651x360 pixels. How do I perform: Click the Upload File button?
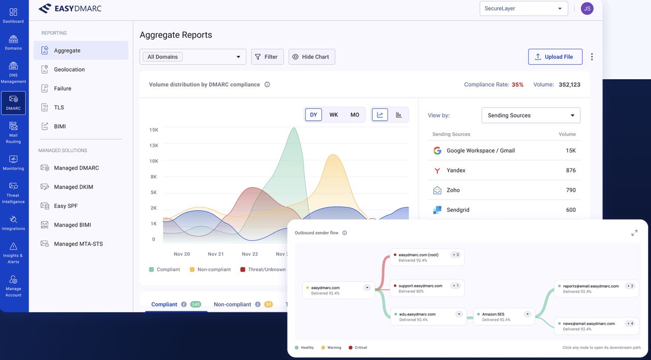click(x=555, y=56)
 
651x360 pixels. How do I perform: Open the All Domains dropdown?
click(x=193, y=56)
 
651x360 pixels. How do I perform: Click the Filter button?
click(x=267, y=56)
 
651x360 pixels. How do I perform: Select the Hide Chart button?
click(x=312, y=56)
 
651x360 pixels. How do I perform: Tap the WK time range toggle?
click(x=334, y=115)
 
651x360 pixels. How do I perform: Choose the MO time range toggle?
click(x=354, y=115)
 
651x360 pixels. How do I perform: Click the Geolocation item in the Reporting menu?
click(x=69, y=70)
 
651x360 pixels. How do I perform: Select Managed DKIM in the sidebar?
click(x=73, y=187)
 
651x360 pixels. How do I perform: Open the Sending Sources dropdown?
click(x=530, y=115)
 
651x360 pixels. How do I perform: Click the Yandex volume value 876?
click(x=571, y=170)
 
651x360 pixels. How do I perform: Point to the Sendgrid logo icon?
click(x=437, y=210)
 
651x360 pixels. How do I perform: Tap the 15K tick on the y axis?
click(x=154, y=130)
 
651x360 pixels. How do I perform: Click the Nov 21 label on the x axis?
click(x=216, y=254)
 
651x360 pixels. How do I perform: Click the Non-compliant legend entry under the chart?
click(x=210, y=269)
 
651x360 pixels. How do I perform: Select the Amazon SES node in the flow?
click(x=504, y=317)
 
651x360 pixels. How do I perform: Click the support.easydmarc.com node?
click(x=427, y=288)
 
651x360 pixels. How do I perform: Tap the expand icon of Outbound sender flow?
click(x=634, y=233)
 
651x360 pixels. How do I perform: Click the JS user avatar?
click(x=587, y=9)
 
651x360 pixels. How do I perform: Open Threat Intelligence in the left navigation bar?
click(x=13, y=193)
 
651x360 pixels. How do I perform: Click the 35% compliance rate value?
click(x=517, y=84)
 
